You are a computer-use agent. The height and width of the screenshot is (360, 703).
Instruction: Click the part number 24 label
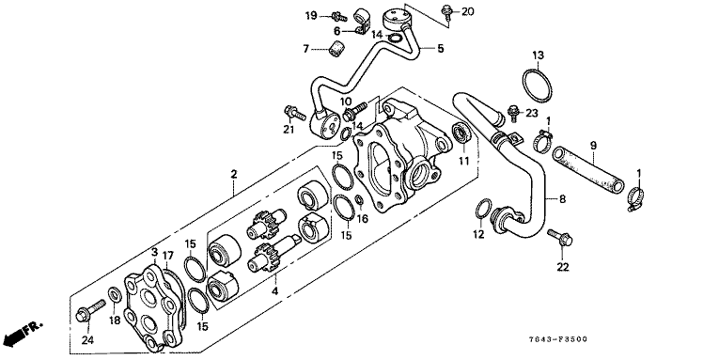coord(87,340)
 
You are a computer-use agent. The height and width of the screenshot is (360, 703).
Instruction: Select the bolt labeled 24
coord(91,310)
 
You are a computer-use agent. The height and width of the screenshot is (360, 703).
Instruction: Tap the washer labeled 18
coord(115,295)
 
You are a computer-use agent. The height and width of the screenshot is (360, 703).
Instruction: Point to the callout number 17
coord(167,256)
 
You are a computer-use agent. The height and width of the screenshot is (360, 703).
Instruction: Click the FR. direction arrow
coord(23,332)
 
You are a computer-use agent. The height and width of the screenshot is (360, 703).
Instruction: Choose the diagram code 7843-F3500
coord(558,339)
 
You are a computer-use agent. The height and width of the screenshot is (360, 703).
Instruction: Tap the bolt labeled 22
coord(559,238)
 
